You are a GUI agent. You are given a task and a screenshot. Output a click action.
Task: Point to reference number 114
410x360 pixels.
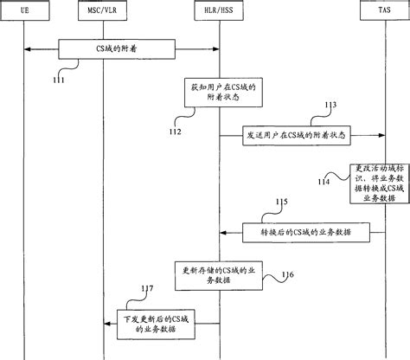(x=322, y=182)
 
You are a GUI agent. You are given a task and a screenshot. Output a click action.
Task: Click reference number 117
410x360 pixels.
(x=148, y=288)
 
